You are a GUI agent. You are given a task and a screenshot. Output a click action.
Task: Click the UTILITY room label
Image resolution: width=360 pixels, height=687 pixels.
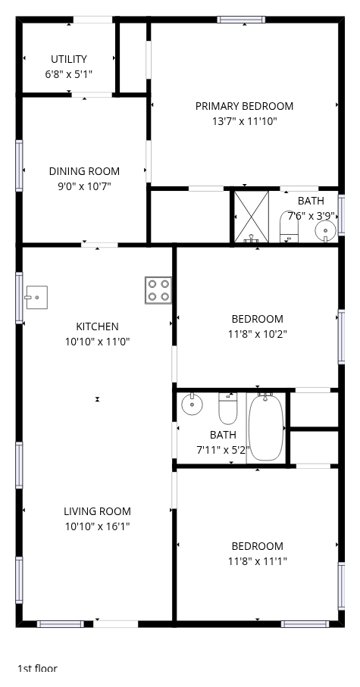pos(69,59)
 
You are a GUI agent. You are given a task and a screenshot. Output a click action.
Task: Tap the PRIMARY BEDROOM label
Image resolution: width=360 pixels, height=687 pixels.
pos(244,106)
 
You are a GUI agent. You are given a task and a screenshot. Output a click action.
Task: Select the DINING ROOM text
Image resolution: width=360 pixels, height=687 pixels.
pos(84,171)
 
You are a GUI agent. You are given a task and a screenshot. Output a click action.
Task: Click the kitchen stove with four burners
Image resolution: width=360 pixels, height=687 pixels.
pos(158,290)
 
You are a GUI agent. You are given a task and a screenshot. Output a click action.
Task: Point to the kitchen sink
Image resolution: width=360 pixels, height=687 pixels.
pos(36,298)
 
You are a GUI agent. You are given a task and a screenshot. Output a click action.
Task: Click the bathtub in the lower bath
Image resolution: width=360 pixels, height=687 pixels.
pos(266,427)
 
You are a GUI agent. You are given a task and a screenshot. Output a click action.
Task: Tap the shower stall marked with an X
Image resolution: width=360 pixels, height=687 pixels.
pos(252,217)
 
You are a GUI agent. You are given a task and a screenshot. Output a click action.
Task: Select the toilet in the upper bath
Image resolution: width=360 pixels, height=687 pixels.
pos(289,226)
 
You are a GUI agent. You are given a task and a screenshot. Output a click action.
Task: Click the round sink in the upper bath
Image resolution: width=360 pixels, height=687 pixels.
pos(325,230)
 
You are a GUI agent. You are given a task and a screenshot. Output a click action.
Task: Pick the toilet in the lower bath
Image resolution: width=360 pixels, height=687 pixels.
pos(228,408)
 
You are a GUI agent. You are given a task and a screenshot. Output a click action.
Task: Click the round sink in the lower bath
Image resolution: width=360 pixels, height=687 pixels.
pos(192,404)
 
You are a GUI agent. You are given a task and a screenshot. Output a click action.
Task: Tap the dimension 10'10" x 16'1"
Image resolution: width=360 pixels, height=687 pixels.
pos(97,526)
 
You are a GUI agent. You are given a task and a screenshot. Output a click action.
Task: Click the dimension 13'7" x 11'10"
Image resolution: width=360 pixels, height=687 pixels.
pos(245,121)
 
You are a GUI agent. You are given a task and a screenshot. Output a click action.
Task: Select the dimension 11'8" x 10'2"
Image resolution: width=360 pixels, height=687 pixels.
pos(258,334)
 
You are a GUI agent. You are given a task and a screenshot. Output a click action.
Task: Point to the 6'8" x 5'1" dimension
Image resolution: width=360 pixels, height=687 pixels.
pos(69,74)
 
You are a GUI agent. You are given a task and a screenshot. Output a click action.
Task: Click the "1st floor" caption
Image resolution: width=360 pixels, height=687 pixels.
pos(37,668)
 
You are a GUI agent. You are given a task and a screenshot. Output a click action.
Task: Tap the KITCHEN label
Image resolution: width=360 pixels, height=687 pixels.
pos(97,326)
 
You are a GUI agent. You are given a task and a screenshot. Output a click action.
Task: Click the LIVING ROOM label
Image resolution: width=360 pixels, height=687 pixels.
pos(97,511)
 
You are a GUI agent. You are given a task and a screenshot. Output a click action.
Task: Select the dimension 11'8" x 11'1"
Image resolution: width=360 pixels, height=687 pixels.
pos(258,561)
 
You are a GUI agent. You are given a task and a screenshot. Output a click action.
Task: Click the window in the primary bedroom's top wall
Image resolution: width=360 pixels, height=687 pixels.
pos(241,19)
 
